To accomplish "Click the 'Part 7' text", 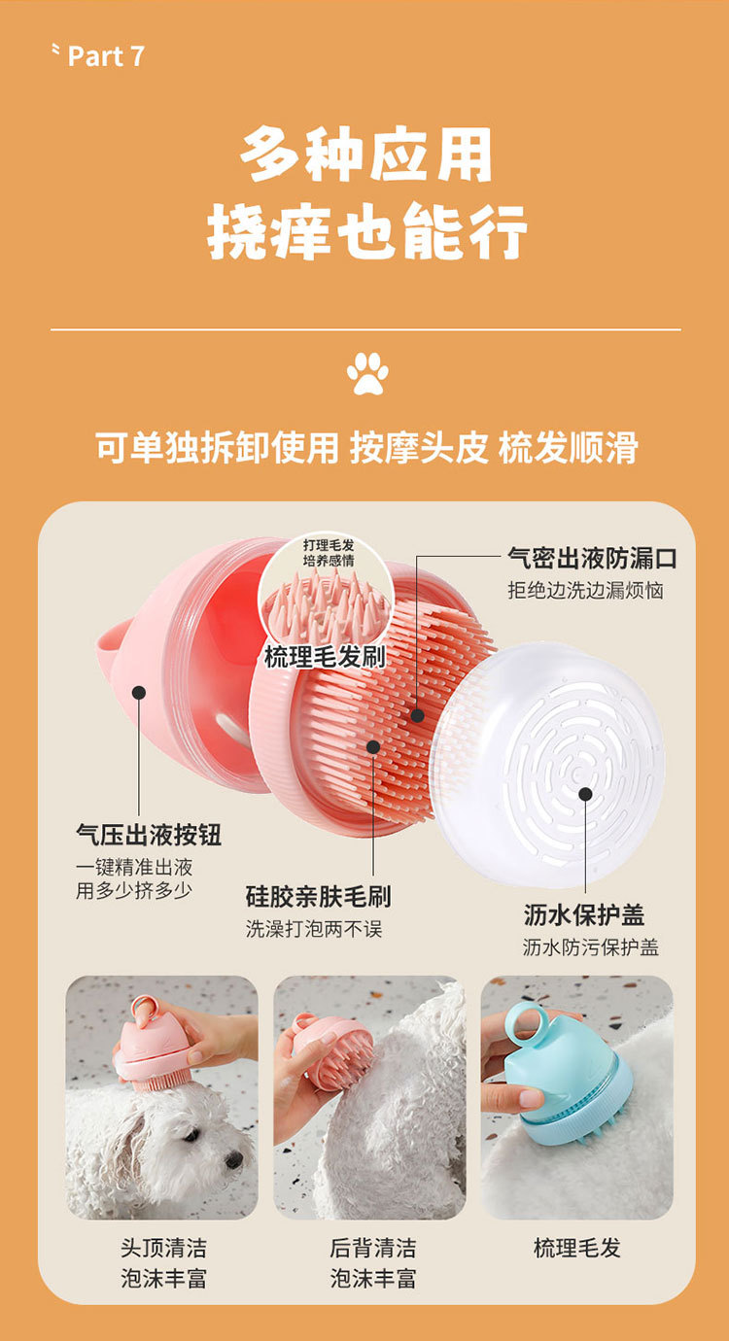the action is pyautogui.click(x=106, y=56).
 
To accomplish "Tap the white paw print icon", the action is pyautogui.click(x=367, y=373).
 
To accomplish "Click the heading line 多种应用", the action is pyautogui.click(x=366, y=155).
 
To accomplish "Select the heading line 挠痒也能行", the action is pyautogui.click(x=366, y=230).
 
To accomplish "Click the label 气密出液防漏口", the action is pyautogui.click(x=592, y=558).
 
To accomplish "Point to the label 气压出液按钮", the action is pyautogui.click(x=149, y=835).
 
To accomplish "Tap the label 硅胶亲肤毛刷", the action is pyautogui.click(x=318, y=896).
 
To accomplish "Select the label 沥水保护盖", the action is pyautogui.click(x=584, y=914).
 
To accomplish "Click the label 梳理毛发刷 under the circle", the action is pyautogui.click(x=325, y=657).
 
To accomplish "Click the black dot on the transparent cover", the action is pyautogui.click(x=585, y=795).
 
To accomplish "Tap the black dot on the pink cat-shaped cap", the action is pyautogui.click(x=139, y=693).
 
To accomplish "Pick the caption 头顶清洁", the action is pyautogui.click(x=163, y=1249).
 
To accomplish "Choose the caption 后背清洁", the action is pyautogui.click(x=372, y=1249).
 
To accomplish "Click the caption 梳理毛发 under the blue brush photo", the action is pyautogui.click(x=576, y=1249).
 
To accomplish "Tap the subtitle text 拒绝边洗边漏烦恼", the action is pyautogui.click(x=586, y=590).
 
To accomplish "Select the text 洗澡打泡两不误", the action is pyautogui.click(x=314, y=929).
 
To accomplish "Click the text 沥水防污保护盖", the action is pyautogui.click(x=591, y=947).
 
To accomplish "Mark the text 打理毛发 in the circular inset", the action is pyautogui.click(x=329, y=545).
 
